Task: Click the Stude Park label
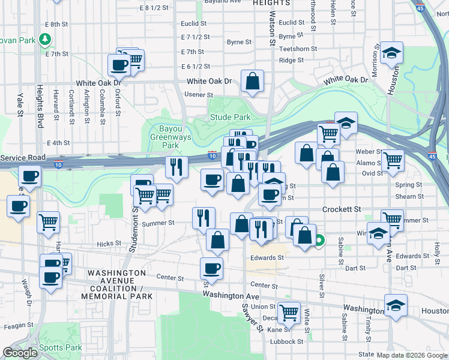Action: [x=229, y=118]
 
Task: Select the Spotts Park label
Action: [x=66, y=348]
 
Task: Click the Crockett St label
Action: [x=342, y=209]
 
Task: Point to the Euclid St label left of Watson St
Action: [x=194, y=24]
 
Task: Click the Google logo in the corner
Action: [x=20, y=353]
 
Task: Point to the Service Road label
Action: [x=23, y=157]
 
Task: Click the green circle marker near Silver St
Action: [x=319, y=241]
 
